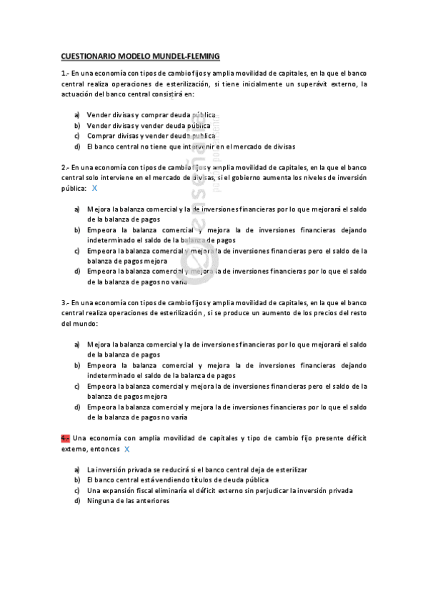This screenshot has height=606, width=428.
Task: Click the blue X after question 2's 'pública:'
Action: (x=95, y=188)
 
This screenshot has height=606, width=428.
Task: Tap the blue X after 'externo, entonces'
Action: (x=127, y=449)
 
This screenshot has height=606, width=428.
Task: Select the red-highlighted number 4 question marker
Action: (x=65, y=438)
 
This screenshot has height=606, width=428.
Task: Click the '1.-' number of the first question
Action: (x=65, y=73)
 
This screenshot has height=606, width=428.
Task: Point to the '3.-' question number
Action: (x=65, y=302)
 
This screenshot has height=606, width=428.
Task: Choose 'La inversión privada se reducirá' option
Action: (x=196, y=470)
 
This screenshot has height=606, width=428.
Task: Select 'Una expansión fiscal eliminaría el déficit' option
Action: (x=219, y=491)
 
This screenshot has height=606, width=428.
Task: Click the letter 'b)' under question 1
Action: (x=77, y=125)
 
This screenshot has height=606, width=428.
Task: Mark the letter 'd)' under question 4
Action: (x=77, y=502)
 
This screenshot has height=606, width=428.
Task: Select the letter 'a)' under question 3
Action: (x=77, y=344)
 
